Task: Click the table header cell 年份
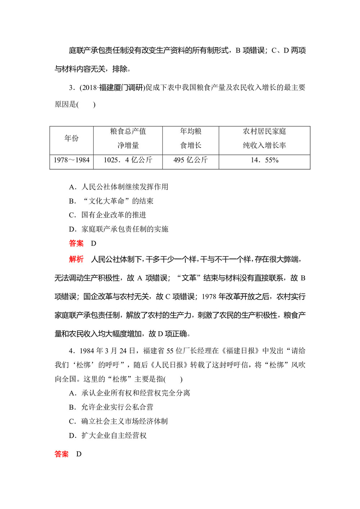point(71,138)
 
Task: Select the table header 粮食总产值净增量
point(128,138)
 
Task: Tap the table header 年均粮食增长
point(190,138)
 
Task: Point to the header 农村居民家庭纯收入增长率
point(264,138)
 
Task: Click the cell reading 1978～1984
point(71,160)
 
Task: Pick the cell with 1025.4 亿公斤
point(128,160)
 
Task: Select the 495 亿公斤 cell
point(190,160)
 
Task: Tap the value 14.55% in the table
point(264,160)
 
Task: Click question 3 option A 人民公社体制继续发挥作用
point(119,187)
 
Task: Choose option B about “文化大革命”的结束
point(112,201)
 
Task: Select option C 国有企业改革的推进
point(108,215)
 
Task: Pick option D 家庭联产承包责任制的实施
point(119,229)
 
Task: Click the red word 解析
point(76,259)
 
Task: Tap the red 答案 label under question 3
point(76,243)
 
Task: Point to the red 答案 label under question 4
point(62,454)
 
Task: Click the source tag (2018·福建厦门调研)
point(112,87)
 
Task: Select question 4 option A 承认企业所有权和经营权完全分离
point(130,393)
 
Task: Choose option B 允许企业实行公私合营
point(111,407)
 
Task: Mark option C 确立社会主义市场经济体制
point(118,421)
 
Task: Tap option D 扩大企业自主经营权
point(108,436)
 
